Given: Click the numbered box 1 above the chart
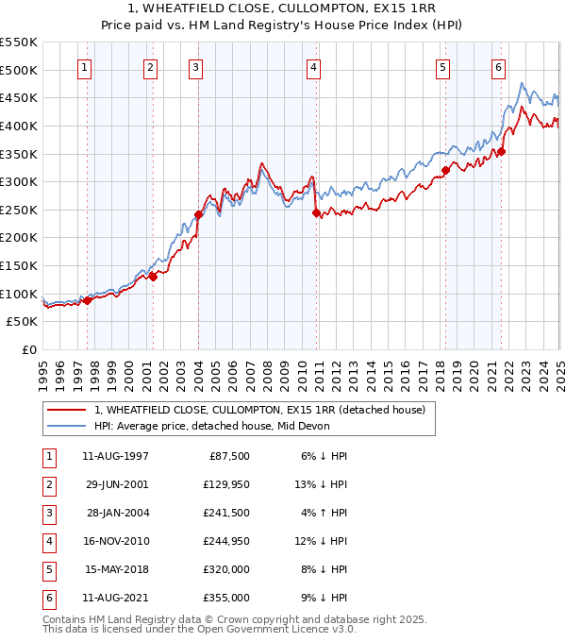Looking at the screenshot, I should (x=85, y=67).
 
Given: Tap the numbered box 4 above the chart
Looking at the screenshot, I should (x=313, y=67).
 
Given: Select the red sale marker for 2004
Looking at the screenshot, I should (x=199, y=214).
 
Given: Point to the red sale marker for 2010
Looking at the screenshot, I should (x=316, y=212).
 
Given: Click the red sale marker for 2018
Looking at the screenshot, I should (x=445, y=171).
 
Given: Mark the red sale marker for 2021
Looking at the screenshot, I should (x=502, y=151).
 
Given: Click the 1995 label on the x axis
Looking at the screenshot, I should (x=43, y=367).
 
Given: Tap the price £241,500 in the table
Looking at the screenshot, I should (x=226, y=513).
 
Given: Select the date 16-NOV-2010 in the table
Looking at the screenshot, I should (x=116, y=541).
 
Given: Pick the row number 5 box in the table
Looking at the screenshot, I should (x=46, y=569).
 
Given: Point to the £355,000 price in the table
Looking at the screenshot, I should (x=226, y=598).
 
